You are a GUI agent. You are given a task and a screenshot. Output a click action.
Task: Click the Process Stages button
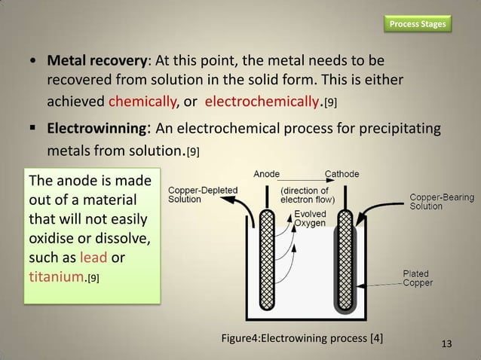[417, 24]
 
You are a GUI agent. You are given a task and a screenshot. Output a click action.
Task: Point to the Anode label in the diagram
[266, 174]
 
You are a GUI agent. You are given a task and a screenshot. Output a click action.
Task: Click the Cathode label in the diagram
[342, 174]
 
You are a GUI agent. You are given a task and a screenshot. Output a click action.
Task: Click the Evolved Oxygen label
[310, 218]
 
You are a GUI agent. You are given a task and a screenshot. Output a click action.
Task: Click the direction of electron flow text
[313, 194]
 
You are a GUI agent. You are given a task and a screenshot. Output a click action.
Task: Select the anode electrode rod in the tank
[266, 256]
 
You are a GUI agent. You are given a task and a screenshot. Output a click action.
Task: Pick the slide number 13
[446, 344]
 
